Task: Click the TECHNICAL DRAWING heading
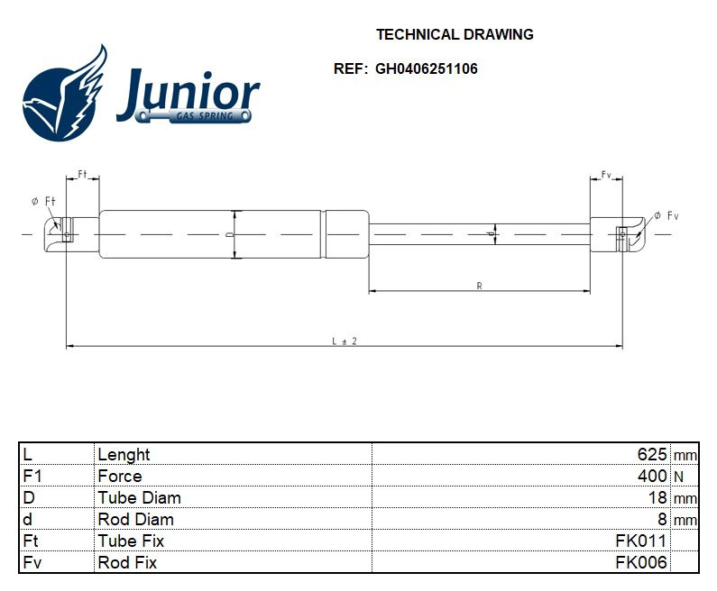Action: point(455,35)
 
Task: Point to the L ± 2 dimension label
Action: point(345,341)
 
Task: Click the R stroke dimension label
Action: point(479,286)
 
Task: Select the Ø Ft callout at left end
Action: point(38,201)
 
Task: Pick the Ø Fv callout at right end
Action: point(666,214)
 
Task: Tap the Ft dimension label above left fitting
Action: point(82,173)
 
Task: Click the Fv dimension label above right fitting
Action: point(606,173)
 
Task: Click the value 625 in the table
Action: point(651,454)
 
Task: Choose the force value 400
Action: point(651,476)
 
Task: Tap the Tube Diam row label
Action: point(139,497)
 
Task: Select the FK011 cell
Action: point(640,541)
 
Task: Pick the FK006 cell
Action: point(640,562)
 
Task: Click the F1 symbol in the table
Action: point(32,476)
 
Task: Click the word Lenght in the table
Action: point(124,454)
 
